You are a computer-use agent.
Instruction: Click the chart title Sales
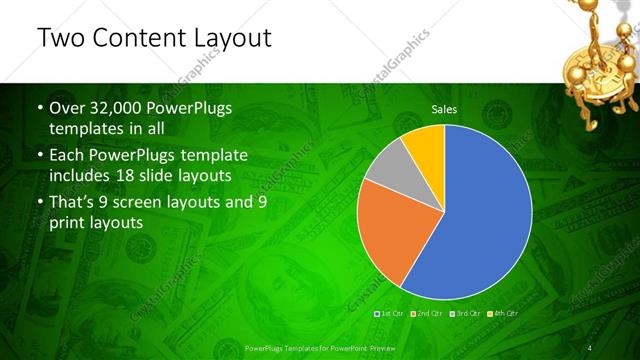tap(444, 109)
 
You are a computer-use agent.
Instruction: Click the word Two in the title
tap(59, 38)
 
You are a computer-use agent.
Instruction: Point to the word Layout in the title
tap(233, 38)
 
